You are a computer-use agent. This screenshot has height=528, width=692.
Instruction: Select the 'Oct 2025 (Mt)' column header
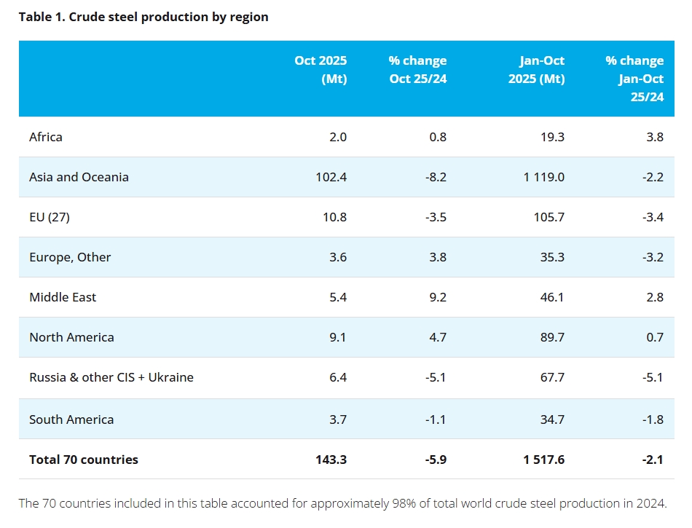tap(321, 69)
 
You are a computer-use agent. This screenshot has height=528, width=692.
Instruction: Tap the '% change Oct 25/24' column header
tap(417, 69)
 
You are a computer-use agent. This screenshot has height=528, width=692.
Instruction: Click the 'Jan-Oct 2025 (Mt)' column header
tap(537, 69)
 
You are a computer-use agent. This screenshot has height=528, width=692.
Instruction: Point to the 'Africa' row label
tap(46, 137)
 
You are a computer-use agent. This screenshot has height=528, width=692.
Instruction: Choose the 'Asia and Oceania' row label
tap(79, 177)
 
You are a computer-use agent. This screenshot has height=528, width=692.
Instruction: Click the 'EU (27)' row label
tap(50, 218)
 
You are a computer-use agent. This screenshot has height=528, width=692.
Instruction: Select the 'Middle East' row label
tap(63, 297)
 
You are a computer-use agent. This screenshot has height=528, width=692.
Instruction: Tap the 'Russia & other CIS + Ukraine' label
tap(111, 377)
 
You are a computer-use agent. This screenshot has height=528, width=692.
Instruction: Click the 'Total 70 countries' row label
tap(84, 460)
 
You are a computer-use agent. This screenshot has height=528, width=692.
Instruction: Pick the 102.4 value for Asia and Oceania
tap(331, 177)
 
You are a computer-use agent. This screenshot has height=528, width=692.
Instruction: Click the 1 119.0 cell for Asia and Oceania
tap(543, 177)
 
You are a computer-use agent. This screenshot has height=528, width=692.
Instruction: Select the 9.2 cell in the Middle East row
tap(438, 297)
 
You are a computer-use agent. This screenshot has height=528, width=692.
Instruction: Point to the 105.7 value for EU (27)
tap(549, 218)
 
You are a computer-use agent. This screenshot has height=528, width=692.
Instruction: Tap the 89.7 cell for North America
tap(552, 337)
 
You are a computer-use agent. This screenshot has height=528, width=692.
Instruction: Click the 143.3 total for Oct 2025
tap(331, 460)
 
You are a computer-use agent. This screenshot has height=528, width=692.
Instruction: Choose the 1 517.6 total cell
tap(543, 460)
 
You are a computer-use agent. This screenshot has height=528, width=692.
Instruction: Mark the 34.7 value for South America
tap(552, 419)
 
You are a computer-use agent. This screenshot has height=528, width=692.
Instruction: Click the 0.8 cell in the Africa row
tap(438, 137)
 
